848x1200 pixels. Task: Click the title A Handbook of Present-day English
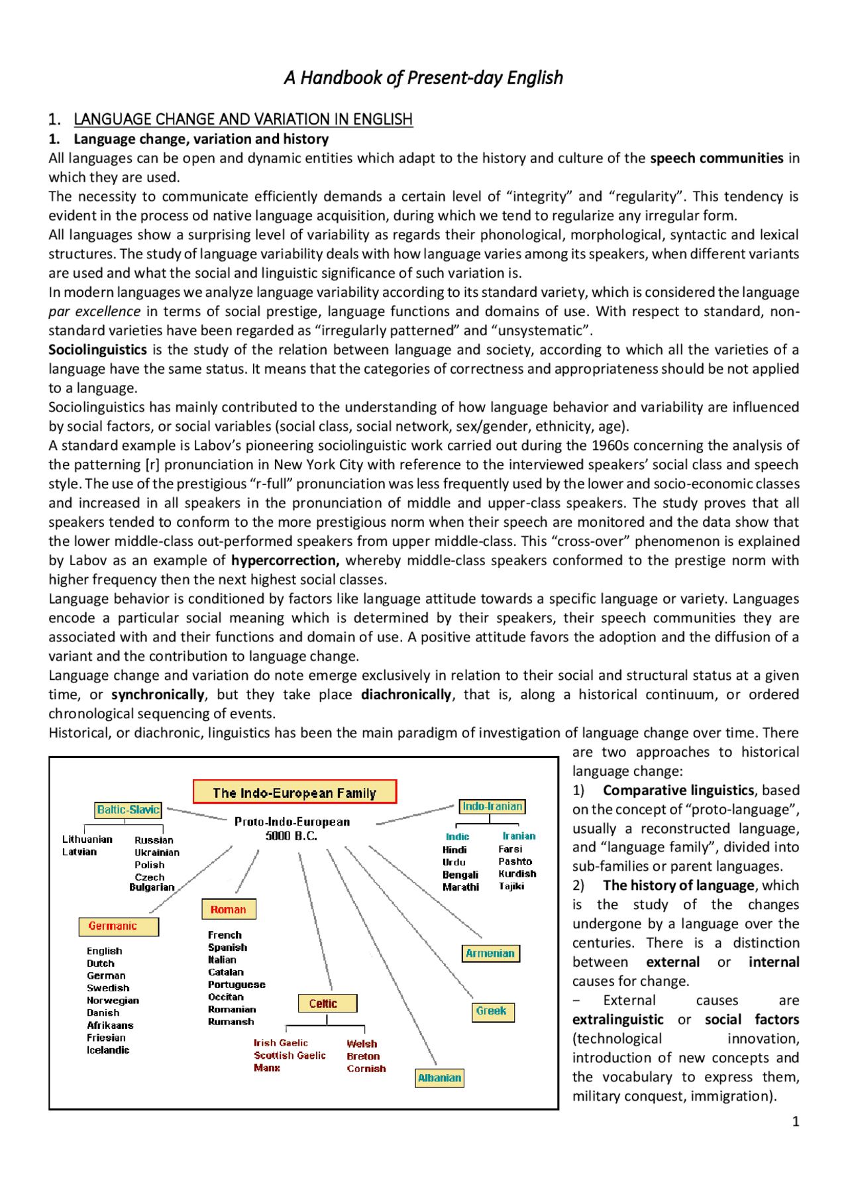pyautogui.click(x=423, y=78)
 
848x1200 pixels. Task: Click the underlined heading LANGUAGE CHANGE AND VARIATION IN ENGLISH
pyautogui.click(x=243, y=119)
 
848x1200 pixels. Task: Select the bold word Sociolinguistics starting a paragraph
pyautogui.click(x=97, y=350)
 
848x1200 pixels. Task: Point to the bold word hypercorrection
pyautogui.click(x=285, y=561)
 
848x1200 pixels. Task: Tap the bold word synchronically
pyautogui.click(x=158, y=694)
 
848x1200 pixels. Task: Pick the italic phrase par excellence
pyautogui.click(x=94, y=311)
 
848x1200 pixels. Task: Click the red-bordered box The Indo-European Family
pyautogui.click(x=294, y=792)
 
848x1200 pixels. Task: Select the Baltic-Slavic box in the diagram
pyautogui.click(x=129, y=810)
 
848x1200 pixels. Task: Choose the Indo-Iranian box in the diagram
pyautogui.click(x=492, y=806)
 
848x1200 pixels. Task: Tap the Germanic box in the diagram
pyautogui.click(x=119, y=926)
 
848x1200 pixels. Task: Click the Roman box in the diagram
pyautogui.click(x=229, y=910)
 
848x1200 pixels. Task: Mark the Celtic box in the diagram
pyautogui.click(x=327, y=1004)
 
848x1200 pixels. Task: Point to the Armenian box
pyautogui.click(x=490, y=954)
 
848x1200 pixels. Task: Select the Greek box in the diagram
pyautogui.click(x=491, y=1011)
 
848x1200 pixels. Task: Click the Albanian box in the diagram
pyautogui.click(x=439, y=1078)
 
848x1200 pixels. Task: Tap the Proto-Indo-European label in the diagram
pyautogui.click(x=292, y=822)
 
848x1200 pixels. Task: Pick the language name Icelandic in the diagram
pyautogui.click(x=108, y=1050)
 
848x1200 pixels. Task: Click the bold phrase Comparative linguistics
pyautogui.click(x=678, y=791)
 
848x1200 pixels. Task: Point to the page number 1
pyautogui.click(x=796, y=1122)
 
